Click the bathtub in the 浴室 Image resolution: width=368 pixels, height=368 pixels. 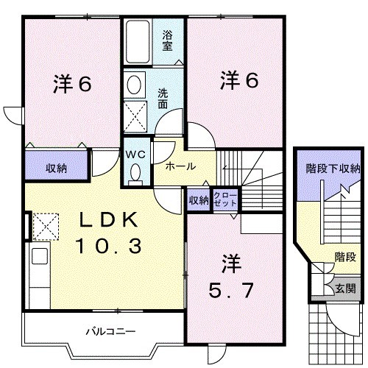(138, 42)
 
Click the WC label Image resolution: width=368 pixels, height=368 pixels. (135, 155)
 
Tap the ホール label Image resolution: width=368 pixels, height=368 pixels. (180, 166)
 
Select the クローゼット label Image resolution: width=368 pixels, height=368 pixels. (225, 199)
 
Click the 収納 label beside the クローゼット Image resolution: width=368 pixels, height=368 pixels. (199, 200)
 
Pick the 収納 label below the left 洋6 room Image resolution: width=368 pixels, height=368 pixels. (57, 169)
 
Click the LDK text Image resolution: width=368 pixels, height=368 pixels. (108, 219)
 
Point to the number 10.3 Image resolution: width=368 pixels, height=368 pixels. (108, 246)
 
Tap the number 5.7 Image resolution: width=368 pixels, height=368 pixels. (230, 290)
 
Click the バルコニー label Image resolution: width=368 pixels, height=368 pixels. (110, 332)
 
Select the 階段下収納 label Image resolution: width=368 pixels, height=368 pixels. (333, 169)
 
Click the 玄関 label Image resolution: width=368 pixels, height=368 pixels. (345, 289)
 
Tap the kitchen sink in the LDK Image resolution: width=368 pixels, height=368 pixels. (40, 256)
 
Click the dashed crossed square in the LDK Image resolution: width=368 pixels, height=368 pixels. (46, 227)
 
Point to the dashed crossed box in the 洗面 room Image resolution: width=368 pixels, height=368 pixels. (135, 117)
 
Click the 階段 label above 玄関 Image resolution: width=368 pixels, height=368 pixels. (345, 257)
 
